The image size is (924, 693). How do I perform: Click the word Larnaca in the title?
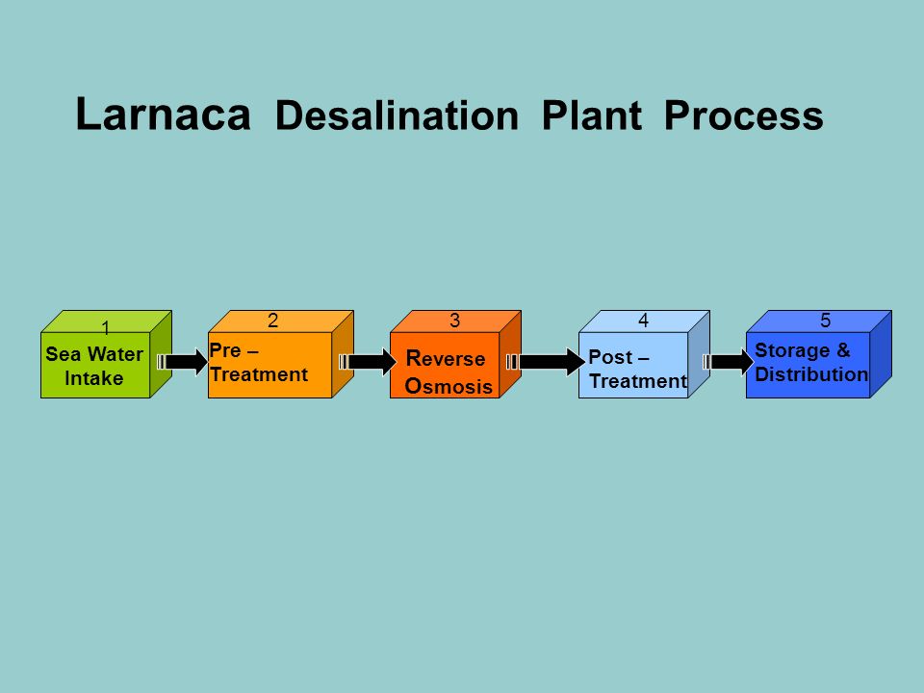(164, 114)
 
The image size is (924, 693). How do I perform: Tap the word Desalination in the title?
(397, 115)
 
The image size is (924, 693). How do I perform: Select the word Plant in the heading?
(591, 115)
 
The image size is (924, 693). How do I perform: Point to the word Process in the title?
(744, 115)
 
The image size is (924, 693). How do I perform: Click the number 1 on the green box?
(106, 327)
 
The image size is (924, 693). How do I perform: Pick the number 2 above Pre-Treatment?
(272, 321)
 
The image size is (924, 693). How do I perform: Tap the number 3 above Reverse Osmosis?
(454, 321)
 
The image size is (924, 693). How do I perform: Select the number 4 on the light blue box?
(643, 321)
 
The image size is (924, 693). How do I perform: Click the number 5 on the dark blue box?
(825, 321)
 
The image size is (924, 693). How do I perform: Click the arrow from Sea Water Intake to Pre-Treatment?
(183, 361)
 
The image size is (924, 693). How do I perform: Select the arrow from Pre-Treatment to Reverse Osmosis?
(368, 361)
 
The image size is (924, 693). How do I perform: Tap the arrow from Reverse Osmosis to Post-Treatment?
(546, 361)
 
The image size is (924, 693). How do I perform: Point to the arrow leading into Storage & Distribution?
(729, 361)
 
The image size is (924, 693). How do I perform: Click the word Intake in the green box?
(93, 377)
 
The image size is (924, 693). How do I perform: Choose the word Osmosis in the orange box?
(449, 386)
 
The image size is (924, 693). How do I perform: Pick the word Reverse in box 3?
(446, 358)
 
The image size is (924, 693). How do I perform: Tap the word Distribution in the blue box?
(810, 374)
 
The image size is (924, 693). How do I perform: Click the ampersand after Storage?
(843, 350)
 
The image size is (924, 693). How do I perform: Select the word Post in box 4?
(610, 357)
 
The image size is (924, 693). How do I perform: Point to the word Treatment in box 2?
(259, 374)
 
